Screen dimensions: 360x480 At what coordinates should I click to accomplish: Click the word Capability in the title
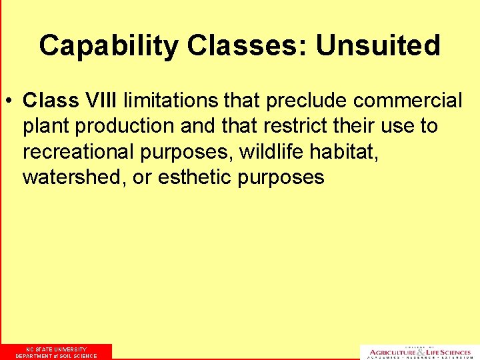109,46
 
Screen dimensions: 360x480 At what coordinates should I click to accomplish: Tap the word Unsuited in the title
378,46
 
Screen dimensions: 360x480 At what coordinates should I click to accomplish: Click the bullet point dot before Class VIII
11,101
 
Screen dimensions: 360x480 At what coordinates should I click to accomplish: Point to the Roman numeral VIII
99,101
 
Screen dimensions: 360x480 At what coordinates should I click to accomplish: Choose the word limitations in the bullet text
171,101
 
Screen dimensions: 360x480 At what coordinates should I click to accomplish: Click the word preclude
307,101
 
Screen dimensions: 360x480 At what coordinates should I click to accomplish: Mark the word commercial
408,101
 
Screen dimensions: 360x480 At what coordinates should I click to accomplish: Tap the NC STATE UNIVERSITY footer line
56,349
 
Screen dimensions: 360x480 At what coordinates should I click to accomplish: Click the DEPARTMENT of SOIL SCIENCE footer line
56,356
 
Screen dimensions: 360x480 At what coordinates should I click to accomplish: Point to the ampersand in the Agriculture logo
420,351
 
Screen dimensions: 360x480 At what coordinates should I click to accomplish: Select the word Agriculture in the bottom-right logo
393,351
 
